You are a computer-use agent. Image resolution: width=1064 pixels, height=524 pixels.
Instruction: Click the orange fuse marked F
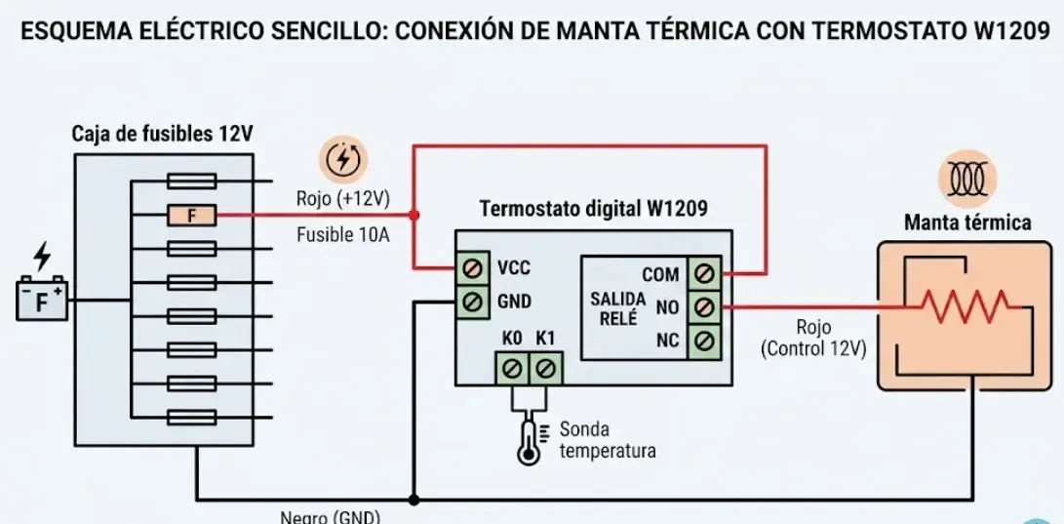pos(191,215)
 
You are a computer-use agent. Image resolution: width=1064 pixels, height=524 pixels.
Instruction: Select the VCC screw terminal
pos(474,267)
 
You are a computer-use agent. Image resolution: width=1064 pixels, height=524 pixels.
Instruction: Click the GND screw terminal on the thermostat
pos(474,302)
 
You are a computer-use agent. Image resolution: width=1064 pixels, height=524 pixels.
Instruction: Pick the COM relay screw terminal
pos(705,274)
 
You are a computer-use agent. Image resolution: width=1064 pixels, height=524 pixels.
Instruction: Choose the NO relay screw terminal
pos(705,307)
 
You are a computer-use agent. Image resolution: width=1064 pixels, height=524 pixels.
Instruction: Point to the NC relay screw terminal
pos(705,341)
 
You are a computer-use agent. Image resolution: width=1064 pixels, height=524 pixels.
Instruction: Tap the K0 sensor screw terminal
pos(512,368)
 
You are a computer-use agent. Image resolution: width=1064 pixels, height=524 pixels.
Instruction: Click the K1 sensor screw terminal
pos(545,368)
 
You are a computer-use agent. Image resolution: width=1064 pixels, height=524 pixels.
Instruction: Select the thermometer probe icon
pos(530,441)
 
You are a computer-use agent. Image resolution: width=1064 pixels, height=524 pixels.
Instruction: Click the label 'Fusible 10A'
pos(343,234)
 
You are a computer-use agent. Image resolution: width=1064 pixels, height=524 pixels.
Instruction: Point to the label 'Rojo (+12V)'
pos(342,199)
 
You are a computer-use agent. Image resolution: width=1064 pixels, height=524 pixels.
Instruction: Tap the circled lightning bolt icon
pos(342,159)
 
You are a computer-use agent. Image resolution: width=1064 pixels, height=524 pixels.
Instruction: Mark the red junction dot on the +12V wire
pos(414,215)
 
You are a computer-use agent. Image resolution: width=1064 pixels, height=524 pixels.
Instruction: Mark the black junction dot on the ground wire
pos(414,500)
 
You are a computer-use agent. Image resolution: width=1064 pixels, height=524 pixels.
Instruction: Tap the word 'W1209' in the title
pos(1013,29)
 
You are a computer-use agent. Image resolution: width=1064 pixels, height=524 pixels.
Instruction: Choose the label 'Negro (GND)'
pos(330,517)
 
